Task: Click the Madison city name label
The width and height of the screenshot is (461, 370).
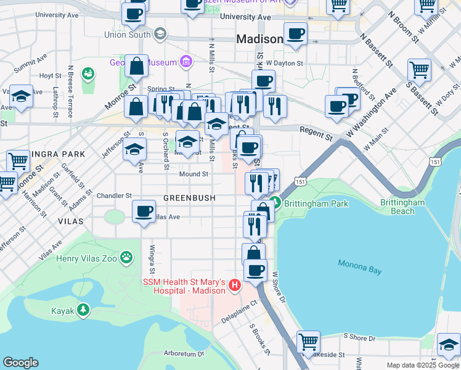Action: click(259, 39)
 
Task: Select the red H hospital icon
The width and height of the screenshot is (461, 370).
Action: click(234, 285)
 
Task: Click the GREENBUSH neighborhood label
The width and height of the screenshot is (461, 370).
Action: click(189, 198)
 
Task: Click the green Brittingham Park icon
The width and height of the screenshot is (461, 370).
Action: click(277, 203)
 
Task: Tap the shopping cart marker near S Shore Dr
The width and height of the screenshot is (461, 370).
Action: click(308, 342)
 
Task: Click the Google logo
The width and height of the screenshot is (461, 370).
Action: click(20, 363)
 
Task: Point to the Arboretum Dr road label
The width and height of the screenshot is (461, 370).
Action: click(184, 354)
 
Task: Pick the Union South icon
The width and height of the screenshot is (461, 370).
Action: click(161, 33)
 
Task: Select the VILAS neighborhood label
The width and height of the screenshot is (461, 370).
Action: click(70, 220)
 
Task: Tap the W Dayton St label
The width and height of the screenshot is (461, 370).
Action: click(284, 63)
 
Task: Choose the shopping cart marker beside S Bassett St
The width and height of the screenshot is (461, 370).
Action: click(419, 70)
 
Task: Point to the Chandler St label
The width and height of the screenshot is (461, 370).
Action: click(115, 195)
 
